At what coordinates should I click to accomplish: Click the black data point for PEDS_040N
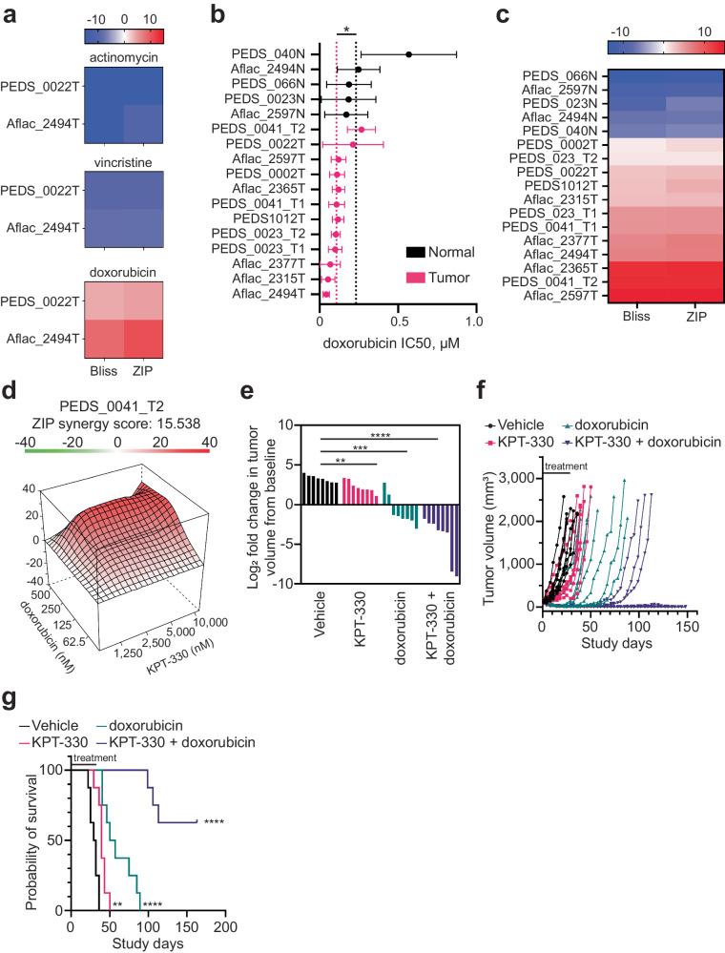pyautogui.click(x=409, y=54)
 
